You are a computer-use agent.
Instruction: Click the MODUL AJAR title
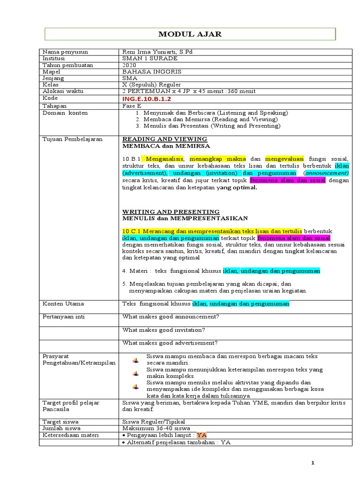tap(190, 34)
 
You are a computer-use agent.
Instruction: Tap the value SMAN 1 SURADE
tap(150, 58)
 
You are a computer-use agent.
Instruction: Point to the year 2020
tap(129, 65)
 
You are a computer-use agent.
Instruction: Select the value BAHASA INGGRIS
tap(151, 72)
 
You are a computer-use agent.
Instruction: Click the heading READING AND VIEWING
tap(165, 139)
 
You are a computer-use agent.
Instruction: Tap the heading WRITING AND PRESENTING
tap(171, 212)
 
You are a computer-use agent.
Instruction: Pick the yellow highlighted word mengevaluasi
tap(285, 159)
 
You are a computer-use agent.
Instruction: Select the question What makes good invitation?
tap(164, 330)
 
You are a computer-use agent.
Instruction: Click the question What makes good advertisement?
tap(170, 343)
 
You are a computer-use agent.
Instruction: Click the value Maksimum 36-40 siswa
tap(156, 428)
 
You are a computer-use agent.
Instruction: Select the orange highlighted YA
tap(202, 435)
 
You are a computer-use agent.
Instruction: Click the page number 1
tap(313, 464)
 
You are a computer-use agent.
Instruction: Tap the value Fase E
tap(132, 106)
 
